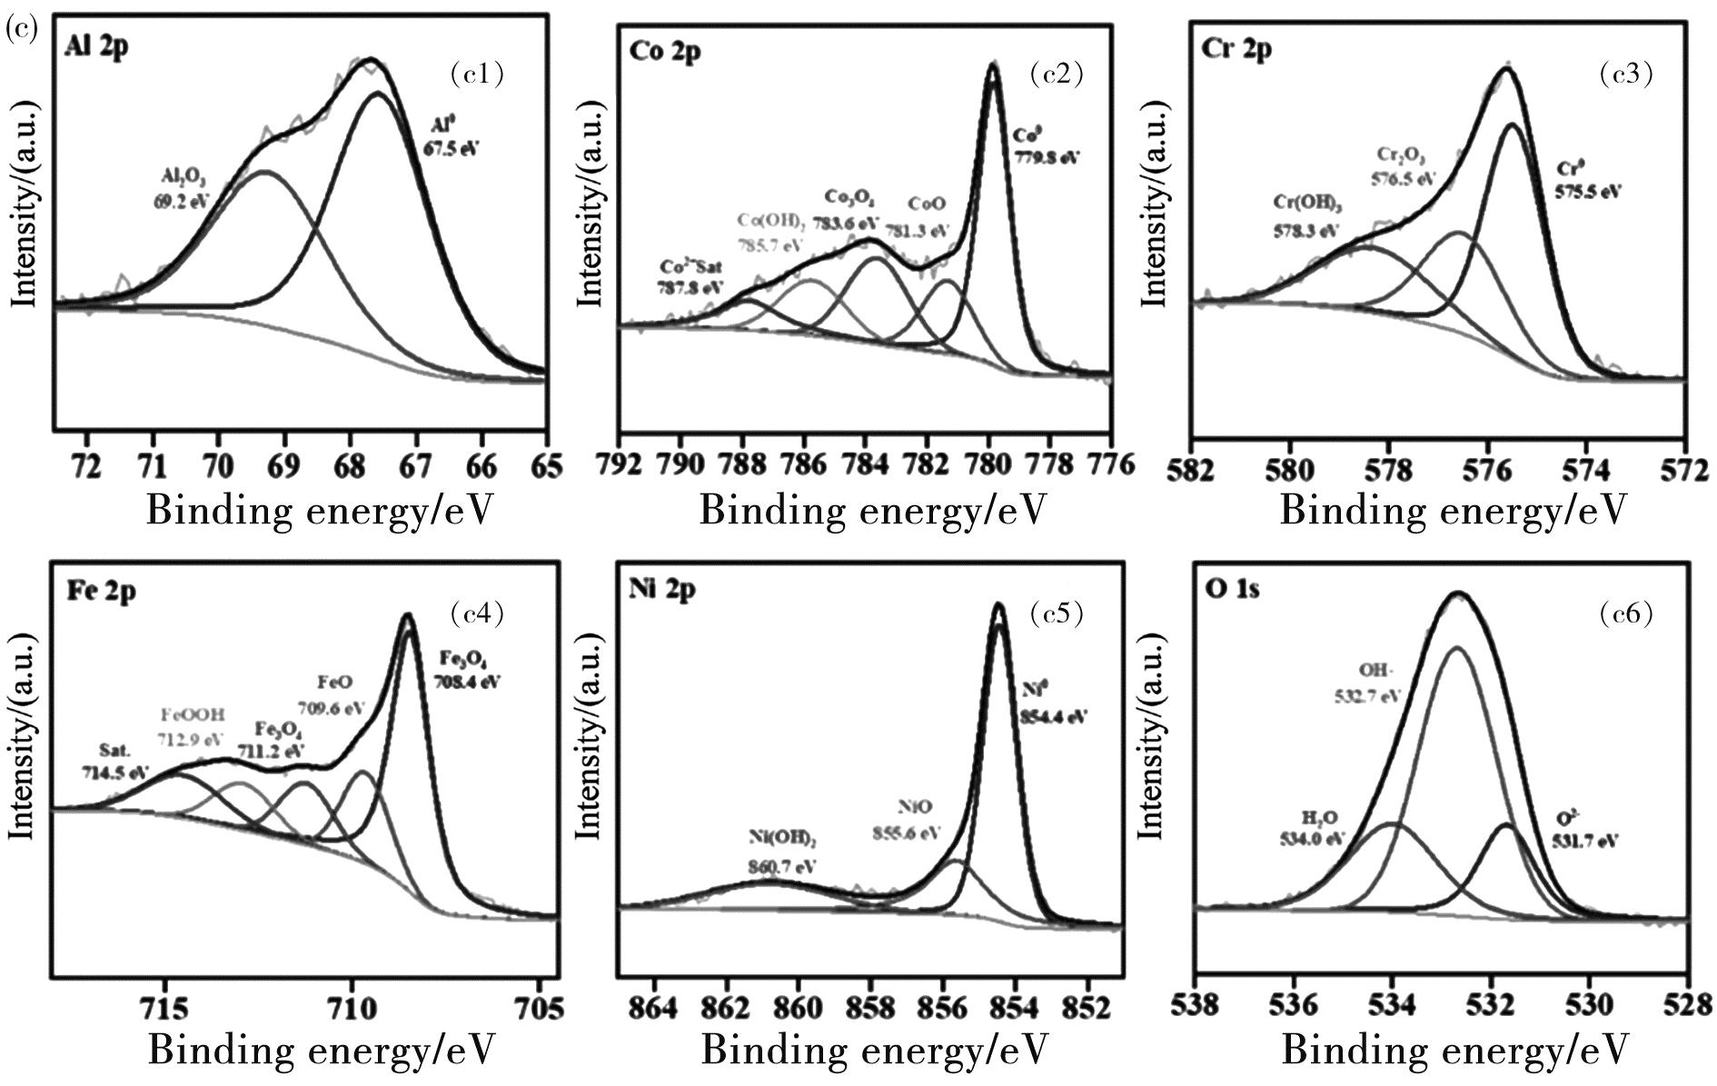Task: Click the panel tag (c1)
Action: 477,74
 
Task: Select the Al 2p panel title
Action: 97,46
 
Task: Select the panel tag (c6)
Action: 1625,614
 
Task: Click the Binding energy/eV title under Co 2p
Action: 872,511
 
